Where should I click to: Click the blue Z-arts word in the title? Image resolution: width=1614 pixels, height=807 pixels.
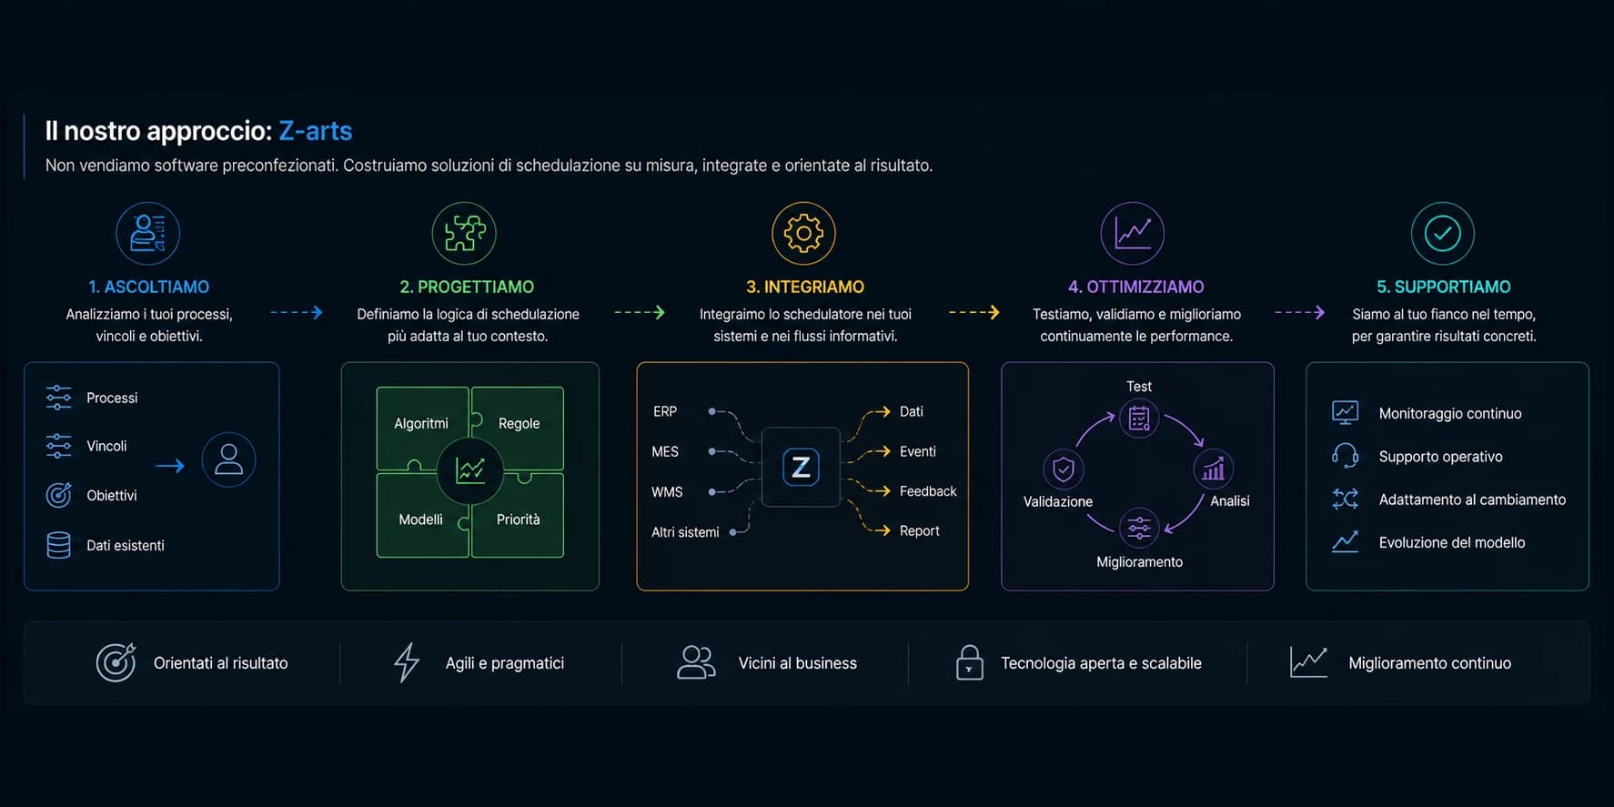315,131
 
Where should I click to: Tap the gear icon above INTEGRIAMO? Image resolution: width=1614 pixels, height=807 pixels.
803,234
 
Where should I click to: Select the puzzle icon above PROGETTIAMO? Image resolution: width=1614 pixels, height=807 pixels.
464,234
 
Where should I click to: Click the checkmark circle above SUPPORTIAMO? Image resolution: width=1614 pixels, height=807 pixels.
1442,234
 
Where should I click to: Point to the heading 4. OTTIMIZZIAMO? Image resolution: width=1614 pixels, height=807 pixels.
1135,287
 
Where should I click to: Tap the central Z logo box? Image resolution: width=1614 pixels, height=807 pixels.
801,467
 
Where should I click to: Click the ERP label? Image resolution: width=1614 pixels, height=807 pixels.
665,411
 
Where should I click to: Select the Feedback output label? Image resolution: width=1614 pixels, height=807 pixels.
928,491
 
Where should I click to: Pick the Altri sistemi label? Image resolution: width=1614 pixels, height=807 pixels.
685,532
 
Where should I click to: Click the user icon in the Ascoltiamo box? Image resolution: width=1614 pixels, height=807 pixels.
228,459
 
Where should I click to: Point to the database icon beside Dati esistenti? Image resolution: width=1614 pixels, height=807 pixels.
58,545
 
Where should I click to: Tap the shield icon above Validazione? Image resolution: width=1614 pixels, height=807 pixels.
1063,469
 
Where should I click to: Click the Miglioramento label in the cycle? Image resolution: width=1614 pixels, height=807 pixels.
1139,562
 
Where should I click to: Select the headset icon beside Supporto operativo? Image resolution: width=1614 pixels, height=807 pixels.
1345,456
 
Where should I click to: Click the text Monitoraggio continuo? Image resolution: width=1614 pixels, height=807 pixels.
1450,413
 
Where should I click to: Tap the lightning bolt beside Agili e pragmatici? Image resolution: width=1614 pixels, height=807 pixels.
407,662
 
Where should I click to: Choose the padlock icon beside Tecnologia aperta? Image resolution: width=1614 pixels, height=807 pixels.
969,662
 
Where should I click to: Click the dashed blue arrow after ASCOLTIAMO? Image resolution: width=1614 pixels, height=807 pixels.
297,312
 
